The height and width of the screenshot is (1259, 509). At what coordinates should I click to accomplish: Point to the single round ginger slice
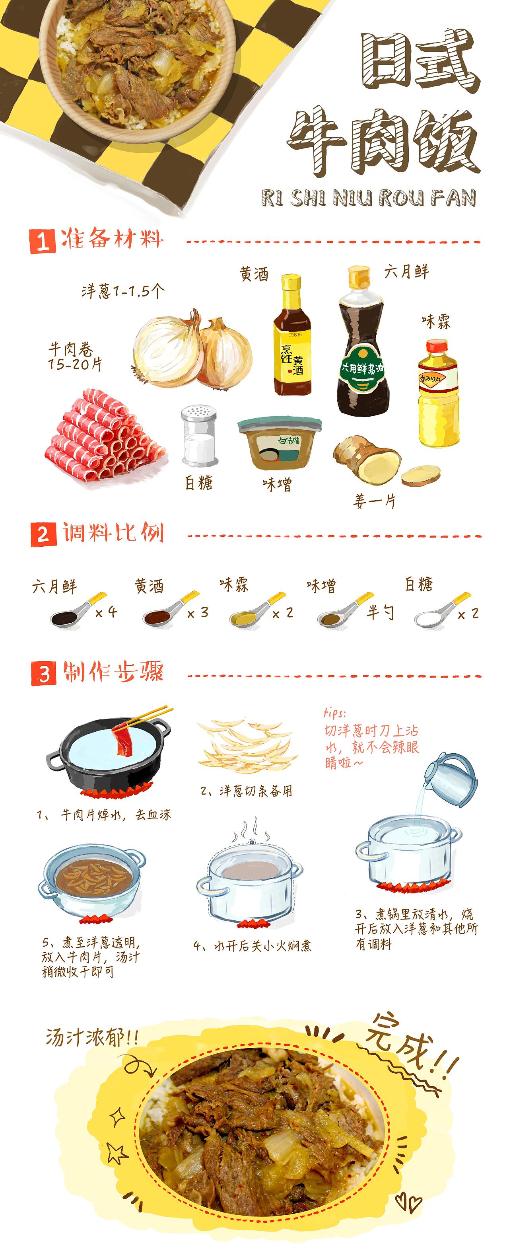(421, 475)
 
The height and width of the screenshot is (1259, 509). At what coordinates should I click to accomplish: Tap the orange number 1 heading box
(43, 242)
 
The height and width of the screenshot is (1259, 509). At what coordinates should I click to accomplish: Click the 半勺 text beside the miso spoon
(381, 612)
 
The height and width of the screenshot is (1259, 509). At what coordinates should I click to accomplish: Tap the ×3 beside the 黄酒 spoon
(198, 612)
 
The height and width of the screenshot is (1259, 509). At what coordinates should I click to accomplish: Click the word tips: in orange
(334, 713)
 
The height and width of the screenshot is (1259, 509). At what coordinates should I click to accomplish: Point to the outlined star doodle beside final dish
(117, 1155)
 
